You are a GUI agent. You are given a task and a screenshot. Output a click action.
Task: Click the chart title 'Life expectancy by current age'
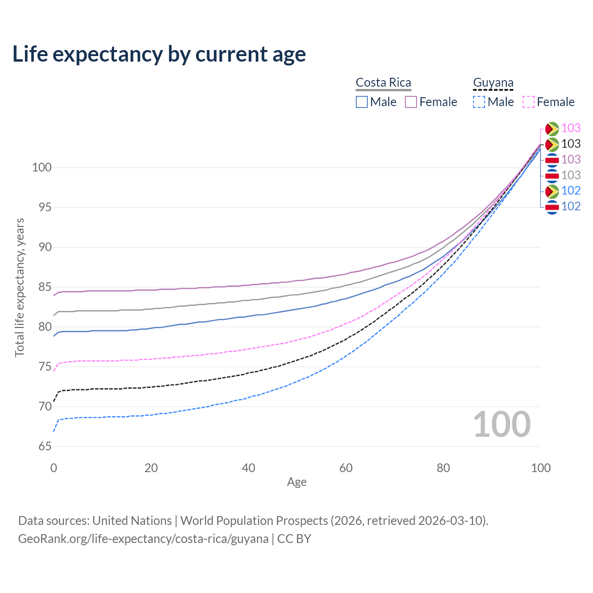point(159,54)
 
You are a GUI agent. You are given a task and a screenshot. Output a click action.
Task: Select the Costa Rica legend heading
point(383,82)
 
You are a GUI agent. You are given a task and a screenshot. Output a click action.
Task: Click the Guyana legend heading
point(493,82)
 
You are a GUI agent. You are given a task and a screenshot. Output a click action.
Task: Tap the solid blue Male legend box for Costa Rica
point(362,102)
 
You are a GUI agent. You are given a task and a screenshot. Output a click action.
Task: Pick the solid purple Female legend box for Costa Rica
point(411,102)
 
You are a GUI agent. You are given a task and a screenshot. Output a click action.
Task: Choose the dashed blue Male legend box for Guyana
point(479,102)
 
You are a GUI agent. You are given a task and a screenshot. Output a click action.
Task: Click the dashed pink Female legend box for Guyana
point(529,102)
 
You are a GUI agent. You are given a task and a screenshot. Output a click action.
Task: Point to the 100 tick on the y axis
point(42,167)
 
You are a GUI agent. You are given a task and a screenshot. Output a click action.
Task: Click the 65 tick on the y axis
point(45,447)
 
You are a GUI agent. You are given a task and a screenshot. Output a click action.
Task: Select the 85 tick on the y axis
point(45,287)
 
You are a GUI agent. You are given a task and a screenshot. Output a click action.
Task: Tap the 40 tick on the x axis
point(248,468)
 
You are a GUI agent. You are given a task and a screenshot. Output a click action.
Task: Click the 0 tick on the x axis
point(54,468)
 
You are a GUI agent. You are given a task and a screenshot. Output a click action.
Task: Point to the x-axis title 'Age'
point(296,482)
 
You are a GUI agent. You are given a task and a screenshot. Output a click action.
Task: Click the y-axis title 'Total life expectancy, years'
point(19,287)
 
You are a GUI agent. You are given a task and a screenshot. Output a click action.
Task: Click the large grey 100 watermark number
point(502,424)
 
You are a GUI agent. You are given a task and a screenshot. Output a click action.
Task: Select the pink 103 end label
point(571,128)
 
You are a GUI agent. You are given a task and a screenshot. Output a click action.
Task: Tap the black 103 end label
point(571,144)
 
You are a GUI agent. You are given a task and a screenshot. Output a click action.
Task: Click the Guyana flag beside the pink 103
point(552,128)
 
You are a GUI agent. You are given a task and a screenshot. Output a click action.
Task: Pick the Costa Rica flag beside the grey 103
point(552,176)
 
